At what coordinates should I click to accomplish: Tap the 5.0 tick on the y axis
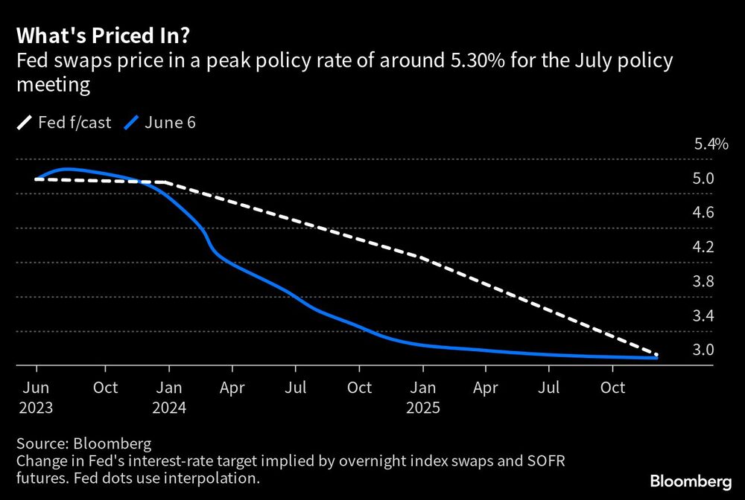coord(703,179)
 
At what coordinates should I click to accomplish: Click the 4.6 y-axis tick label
coord(703,213)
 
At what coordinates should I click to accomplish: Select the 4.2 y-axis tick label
coord(703,247)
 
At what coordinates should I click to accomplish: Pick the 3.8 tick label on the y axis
coord(703,281)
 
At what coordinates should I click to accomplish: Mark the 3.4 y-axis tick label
coord(703,315)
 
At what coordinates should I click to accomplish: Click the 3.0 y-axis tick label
coord(703,350)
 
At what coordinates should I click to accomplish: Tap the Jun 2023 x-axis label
coord(37,397)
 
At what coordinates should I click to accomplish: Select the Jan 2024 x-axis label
coord(171,397)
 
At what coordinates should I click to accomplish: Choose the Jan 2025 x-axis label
coord(422,397)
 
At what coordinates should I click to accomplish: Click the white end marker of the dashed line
coord(656,355)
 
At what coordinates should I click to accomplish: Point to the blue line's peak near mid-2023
coord(67,170)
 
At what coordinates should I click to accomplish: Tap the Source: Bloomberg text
coord(82,445)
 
